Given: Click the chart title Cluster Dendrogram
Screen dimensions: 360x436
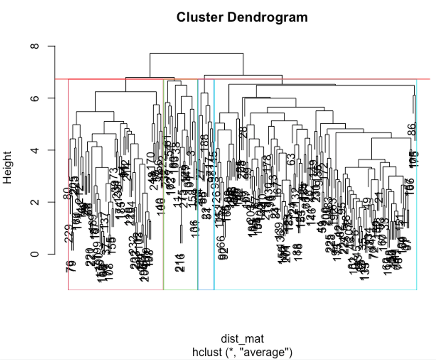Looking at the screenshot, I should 242,17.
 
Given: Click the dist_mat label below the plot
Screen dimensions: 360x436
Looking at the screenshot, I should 242,339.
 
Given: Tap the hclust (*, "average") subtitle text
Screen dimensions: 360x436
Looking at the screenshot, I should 242,352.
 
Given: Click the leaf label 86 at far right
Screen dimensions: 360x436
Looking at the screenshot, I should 411,129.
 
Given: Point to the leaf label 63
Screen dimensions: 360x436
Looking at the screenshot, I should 291,159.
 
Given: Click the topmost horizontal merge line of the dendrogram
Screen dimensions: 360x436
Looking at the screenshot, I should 196,53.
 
